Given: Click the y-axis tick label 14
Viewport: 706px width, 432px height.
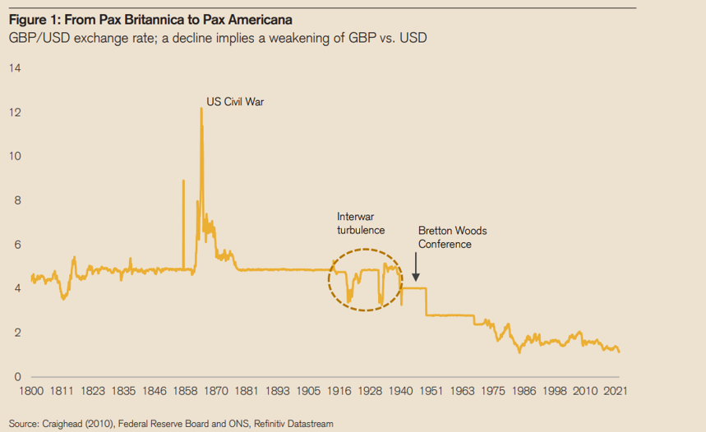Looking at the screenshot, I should click(14, 67).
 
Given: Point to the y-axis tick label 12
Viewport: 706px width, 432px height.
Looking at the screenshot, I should click(14, 112).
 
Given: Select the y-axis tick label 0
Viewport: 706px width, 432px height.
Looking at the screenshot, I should click(16, 377).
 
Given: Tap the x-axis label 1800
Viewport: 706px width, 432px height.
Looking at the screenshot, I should click(32, 392).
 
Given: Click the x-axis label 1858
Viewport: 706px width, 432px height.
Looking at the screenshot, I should click(187, 392).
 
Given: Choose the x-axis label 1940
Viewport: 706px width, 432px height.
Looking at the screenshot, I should click(402, 392).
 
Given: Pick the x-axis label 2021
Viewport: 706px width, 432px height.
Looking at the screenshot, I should click(617, 392).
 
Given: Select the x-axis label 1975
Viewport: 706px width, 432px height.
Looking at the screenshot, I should click(494, 392).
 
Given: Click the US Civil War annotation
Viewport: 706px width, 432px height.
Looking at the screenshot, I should click(235, 103).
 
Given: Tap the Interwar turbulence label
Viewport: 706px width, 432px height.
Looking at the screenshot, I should click(361, 223).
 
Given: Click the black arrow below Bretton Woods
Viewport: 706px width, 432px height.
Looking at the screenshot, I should click(416, 268).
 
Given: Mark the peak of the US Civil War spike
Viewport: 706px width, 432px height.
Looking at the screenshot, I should click(201, 109).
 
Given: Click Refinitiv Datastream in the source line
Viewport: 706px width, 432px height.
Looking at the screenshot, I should click(293, 424).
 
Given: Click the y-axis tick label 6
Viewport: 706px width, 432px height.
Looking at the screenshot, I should click(16, 245).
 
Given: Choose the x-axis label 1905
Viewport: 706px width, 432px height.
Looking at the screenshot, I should click(310, 392).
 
